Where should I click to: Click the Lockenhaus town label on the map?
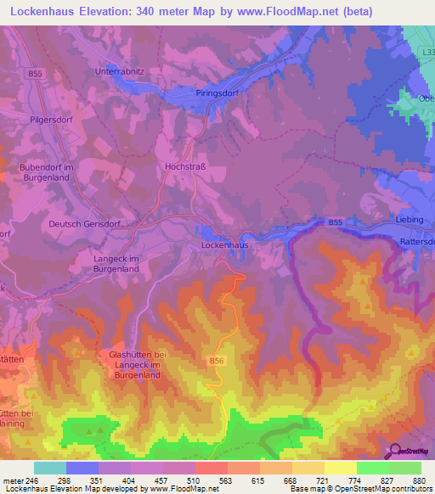(224, 244)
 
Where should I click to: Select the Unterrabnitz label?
(123, 71)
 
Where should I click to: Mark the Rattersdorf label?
(416, 241)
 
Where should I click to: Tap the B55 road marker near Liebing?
(336, 222)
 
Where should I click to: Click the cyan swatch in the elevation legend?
(50, 468)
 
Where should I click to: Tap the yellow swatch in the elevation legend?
(340, 468)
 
